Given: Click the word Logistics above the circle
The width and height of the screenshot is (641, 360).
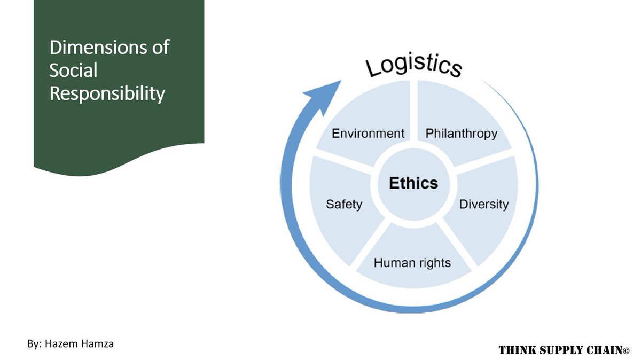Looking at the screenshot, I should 413,65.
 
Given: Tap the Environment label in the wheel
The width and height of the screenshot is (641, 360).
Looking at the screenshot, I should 368,133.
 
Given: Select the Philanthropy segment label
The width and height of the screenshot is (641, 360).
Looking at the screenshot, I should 461,133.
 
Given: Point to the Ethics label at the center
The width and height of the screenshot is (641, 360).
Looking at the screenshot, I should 413,183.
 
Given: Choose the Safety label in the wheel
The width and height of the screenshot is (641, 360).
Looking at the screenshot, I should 344,204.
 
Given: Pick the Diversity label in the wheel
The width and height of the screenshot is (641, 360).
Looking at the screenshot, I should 484,204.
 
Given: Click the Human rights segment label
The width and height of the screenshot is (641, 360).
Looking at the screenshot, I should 412,262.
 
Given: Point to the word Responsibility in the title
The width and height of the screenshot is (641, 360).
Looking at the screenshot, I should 107,93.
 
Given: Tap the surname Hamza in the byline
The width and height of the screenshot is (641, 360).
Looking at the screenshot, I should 98,343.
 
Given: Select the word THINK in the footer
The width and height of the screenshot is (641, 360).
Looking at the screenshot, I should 516,350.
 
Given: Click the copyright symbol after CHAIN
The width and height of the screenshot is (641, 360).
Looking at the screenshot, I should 626,351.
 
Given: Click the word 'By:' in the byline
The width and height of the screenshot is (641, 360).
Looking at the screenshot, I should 35,343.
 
